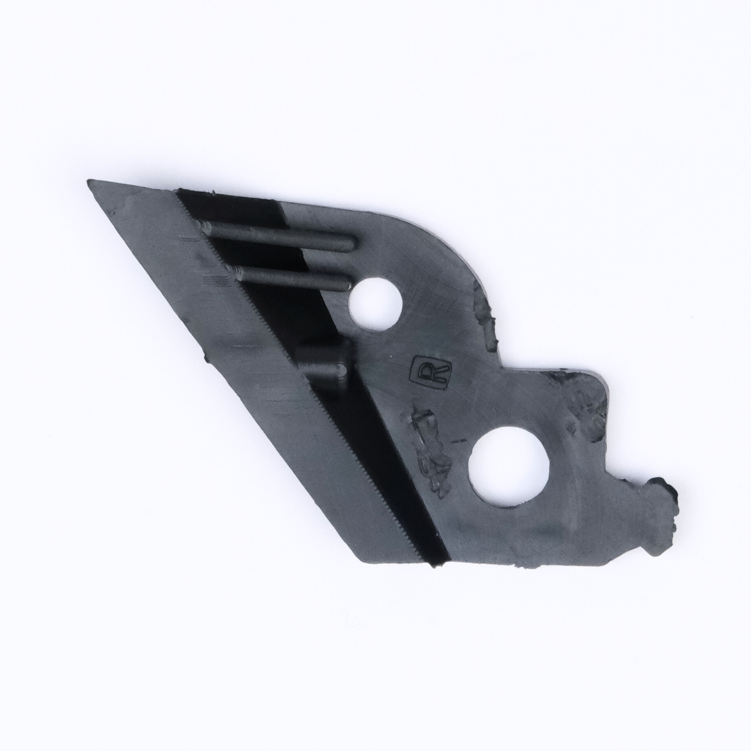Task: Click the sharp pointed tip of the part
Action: pos(89,181)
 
